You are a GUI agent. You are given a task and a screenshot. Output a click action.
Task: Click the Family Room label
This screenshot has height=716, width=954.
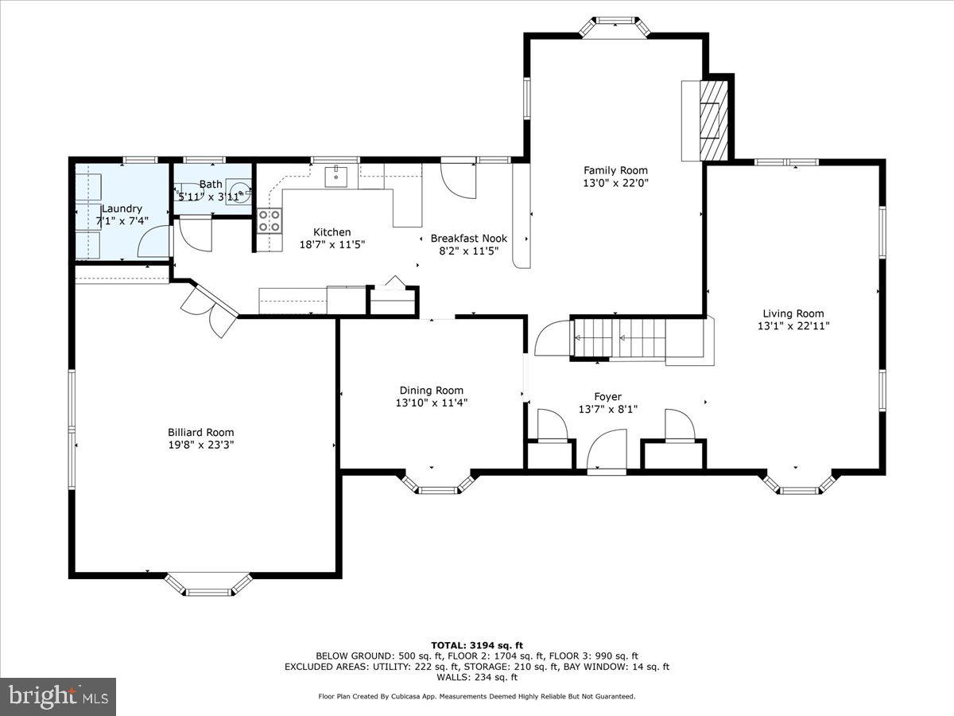tap(615, 170)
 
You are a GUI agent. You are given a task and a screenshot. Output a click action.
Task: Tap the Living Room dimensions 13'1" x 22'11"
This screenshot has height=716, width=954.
tap(793, 325)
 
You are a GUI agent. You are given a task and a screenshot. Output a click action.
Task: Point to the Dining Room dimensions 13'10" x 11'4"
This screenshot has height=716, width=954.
tap(432, 403)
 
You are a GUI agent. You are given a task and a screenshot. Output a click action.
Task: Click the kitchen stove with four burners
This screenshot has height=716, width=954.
tap(269, 220)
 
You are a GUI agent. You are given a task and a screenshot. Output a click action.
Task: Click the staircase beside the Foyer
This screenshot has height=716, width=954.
tap(628, 339)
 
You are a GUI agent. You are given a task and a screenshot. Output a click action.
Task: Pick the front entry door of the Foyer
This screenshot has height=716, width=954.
tap(607, 453)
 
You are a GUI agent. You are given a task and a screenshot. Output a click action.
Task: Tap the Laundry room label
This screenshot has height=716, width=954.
tap(122, 208)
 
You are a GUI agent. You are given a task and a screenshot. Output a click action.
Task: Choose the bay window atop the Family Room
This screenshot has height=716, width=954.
tap(615, 25)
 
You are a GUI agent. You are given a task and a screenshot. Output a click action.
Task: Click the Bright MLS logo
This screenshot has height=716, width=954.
tap(58, 696)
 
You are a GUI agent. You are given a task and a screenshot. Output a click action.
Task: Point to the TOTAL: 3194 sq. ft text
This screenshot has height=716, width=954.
tap(476, 644)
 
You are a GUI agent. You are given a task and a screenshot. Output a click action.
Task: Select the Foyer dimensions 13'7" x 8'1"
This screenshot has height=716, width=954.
tap(607, 410)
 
